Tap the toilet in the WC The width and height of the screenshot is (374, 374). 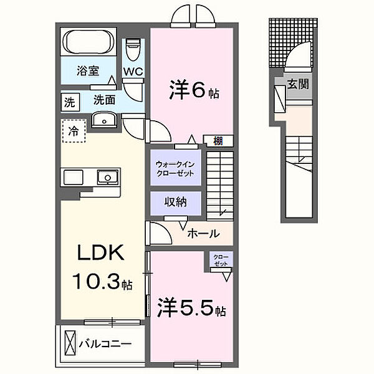(133, 49)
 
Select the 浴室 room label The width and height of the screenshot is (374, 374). (88, 71)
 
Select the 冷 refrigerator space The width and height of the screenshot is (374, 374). (74, 132)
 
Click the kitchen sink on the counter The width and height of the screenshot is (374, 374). (107, 178)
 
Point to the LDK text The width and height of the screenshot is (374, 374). (102, 254)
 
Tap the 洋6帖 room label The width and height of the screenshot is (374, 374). (194, 92)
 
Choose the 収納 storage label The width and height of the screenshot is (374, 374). (175, 202)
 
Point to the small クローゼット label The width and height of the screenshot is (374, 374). (221, 259)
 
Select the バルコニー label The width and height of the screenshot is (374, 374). (105, 343)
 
